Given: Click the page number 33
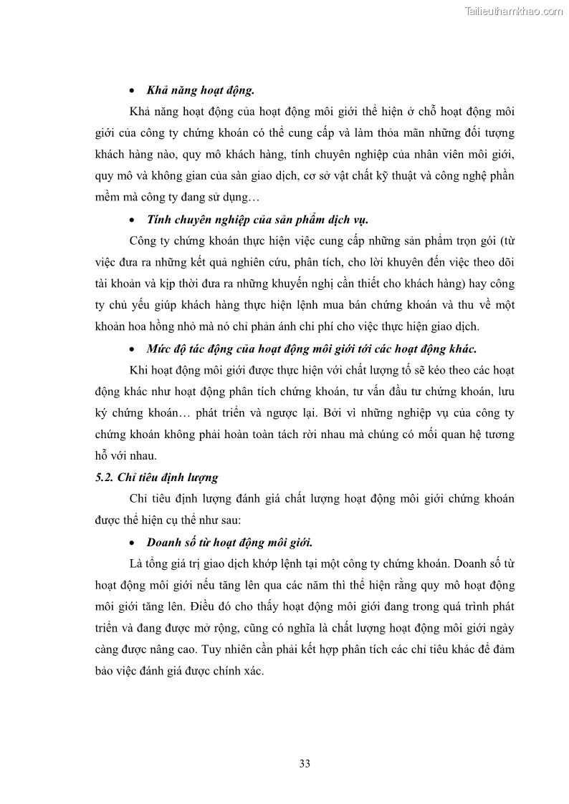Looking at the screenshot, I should [x=305, y=762].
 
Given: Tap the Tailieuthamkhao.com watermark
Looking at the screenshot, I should [x=514, y=11].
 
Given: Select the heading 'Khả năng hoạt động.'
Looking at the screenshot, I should [x=201, y=91].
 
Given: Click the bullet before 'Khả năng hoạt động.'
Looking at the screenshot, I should [x=131, y=92].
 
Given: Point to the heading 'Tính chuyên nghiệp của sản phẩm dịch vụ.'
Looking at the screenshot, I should [x=257, y=219].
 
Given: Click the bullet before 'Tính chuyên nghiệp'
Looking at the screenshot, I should [x=131, y=220].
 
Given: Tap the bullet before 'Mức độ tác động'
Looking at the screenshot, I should [x=131, y=349].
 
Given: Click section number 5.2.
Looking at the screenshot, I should [x=106, y=477].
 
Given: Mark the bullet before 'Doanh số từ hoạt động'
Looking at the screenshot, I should [x=131, y=542].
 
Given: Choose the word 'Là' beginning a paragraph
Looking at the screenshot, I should [x=138, y=563].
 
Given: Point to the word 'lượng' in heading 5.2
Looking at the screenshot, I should [x=202, y=477].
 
